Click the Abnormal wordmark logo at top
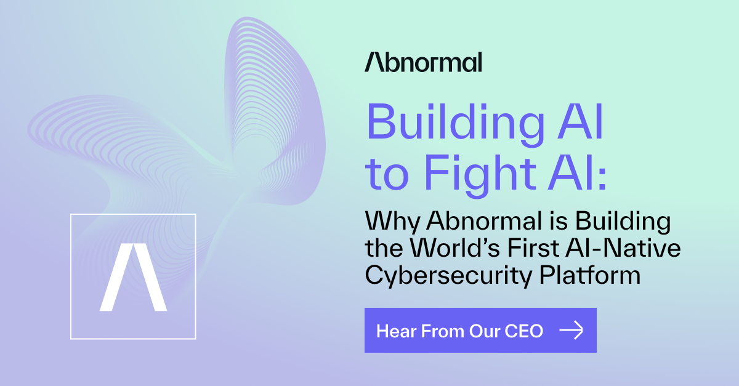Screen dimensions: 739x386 point(423,62)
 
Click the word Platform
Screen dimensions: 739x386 point(590,275)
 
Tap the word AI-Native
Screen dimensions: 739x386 point(623,247)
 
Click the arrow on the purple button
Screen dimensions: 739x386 point(571,330)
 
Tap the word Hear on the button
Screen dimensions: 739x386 point(396,331)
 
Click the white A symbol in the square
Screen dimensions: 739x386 point(133,277)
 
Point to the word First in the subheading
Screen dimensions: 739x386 point(533,247)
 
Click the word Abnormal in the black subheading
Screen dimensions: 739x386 point(484,220)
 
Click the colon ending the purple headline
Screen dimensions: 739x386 point(602,177)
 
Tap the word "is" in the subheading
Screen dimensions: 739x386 point(559,220)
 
